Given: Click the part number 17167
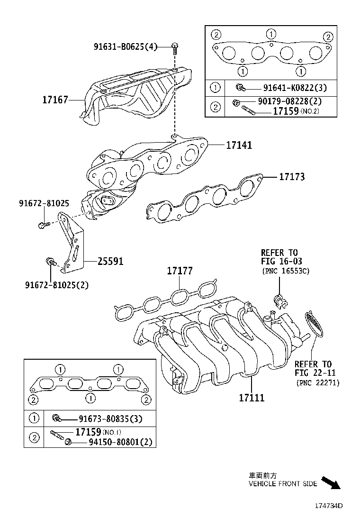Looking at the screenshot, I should click(55, 100).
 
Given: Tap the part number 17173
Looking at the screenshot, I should click(291, 177).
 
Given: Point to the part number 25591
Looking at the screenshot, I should click(110, 261).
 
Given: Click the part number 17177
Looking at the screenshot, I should click(180, 271).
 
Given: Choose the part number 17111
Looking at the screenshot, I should click(251, 397).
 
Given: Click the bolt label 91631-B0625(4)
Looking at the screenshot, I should click(125, 46).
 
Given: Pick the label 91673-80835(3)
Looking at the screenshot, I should click(104, 418).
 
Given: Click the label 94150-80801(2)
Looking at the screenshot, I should click(120, 442).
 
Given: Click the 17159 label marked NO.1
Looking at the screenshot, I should click(88, 432).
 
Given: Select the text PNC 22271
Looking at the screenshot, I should click(318, 382).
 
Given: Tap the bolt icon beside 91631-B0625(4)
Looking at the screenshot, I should click(175, 47).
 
